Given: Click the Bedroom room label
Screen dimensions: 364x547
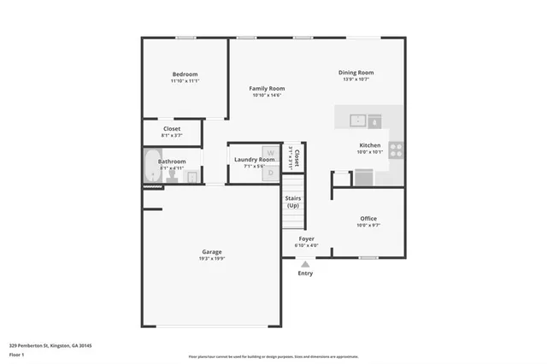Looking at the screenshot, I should (185, 74).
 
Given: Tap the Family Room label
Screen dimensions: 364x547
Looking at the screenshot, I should (267, 88).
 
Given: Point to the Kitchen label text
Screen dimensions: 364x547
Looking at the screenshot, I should (369, 146).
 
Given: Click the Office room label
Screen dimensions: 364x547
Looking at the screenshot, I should (368, 218).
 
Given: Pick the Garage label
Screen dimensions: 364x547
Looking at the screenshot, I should (212, 251).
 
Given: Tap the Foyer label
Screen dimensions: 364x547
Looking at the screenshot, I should (306, 238).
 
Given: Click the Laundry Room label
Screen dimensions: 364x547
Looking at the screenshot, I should (255, 159).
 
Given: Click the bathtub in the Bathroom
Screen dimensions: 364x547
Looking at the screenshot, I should (151, 166).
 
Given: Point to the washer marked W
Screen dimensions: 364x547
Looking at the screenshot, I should (270, 153).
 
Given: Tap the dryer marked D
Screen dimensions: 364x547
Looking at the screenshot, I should (270, 172).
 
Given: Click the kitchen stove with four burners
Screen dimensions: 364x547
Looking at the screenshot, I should (397, 150).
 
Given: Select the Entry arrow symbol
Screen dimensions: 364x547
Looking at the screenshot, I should (305, 264).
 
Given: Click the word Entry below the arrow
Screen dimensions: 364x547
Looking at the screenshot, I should (305, 273).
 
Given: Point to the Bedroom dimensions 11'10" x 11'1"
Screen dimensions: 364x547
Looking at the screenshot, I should (185, 81).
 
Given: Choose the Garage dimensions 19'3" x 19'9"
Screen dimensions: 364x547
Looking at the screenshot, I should (212, 258).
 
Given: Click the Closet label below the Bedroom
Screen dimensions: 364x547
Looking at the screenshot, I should (172, 128).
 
